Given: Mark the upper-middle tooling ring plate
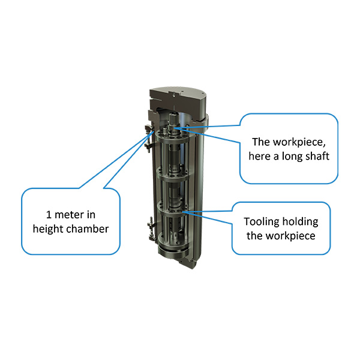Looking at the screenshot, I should pyautogui.click(x=174, y=174).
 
